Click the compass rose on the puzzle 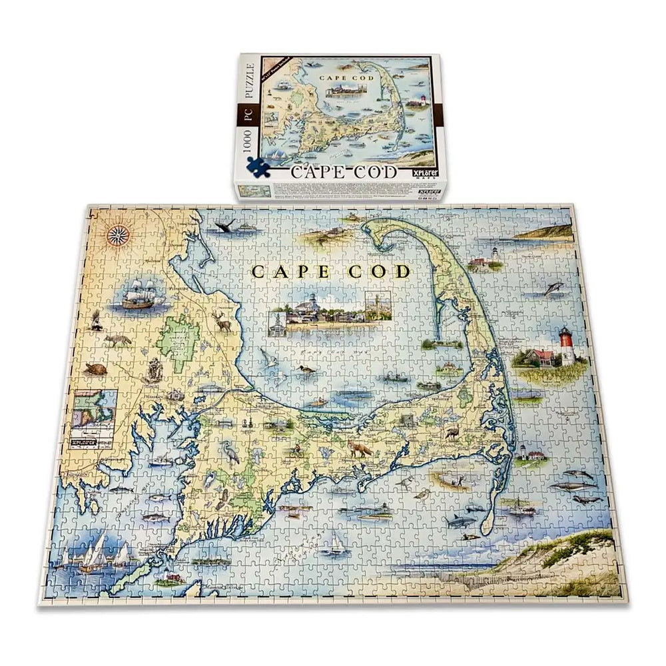[119, 234]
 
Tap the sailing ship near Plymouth [141, 294]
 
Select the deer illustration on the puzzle [222, 322]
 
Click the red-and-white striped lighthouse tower [567, 347]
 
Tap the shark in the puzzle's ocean [462, 520]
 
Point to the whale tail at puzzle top [227, 227]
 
